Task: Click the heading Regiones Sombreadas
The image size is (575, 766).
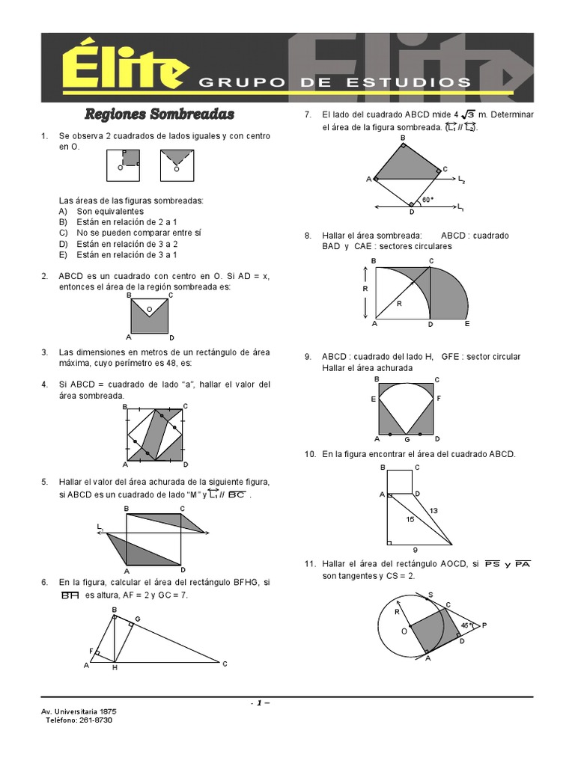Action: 159,114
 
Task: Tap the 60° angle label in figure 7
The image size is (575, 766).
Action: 428,200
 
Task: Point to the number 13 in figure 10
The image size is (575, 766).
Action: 433,511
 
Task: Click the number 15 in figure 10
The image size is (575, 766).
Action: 410,519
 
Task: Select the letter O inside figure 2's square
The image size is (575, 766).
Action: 149,308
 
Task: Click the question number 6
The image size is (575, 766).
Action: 45,582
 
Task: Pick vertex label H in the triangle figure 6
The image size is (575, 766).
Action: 115,667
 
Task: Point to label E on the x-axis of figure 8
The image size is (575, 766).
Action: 467,325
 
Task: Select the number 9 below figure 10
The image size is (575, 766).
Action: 416,550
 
